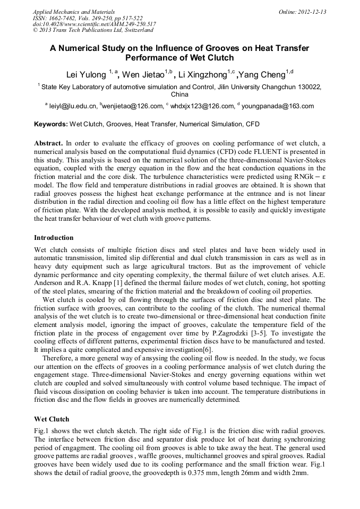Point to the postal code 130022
coord(307,86)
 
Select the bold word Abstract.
coord(48,143)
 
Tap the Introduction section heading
coord(54,237)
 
